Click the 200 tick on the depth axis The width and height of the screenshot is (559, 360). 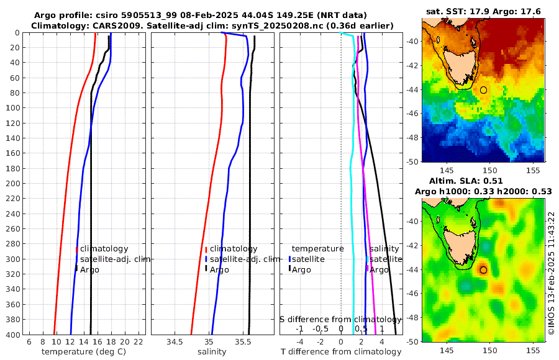[x=14, y=183]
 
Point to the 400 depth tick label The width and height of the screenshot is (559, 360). [x=14, y=335]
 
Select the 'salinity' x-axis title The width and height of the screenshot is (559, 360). [x=212, y=351]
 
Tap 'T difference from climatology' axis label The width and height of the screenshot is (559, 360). [x=341, y=351]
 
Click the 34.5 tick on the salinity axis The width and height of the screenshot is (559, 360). [x=175, y=341]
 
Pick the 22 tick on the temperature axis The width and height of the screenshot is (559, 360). [x=139, y=341]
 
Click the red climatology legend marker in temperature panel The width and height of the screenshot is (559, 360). [x=76, y=249]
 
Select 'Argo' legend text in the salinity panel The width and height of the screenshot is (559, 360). [x=219, y=269]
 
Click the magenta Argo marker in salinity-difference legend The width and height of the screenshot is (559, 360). [x=367, y=269]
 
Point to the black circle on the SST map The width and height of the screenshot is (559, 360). [x=483, y=90]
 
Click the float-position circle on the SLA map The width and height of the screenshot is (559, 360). [x=483, y=270]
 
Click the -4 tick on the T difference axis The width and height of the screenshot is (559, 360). [x=300, y=341]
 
